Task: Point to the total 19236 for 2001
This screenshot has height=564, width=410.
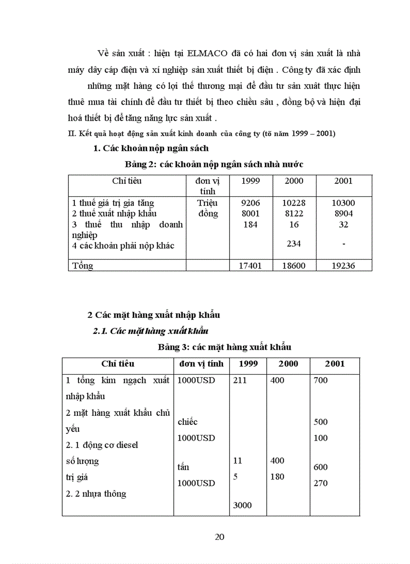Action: [x=344, y=266]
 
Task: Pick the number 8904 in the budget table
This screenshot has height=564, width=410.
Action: [x=344, y=213]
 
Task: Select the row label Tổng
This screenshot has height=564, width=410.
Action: [x=83, y=266]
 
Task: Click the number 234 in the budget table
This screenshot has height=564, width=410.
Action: [x=294, y=244]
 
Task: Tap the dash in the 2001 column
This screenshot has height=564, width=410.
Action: [x=344, y=244]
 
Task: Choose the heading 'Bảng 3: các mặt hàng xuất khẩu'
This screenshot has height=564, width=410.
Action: [x=224, y=347]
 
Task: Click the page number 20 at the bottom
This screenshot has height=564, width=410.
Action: [x=220, y=537]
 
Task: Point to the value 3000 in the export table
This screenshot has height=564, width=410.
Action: [x=242, y=506]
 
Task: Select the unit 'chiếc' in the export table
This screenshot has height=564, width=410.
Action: [x=187, y=422]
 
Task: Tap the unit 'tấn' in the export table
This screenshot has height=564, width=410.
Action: [x=183, y=467]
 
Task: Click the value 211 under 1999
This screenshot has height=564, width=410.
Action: [x=240, y=380]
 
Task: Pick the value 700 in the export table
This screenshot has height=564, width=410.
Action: [x=321, y=380]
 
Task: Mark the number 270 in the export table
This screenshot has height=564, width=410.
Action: [x=321, y=483]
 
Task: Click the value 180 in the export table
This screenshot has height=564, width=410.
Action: [x=277, y=477]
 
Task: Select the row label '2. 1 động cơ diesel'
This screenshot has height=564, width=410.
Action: [x=102, y=444]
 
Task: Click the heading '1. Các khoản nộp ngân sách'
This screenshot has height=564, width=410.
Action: [x=151, y=148]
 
